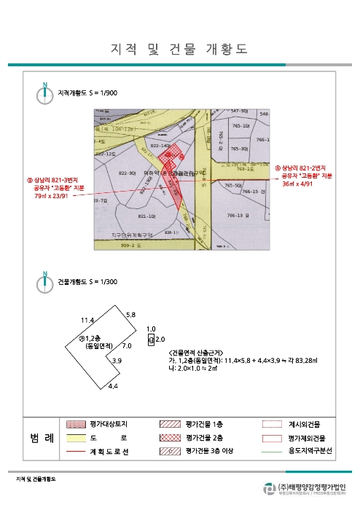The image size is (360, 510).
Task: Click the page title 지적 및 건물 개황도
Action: pyautogui.click(x=179, y=49)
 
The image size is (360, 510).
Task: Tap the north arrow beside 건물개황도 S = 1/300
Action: pyautogui.click(x=44, y=280)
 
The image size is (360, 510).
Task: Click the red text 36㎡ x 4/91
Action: pyautogui.click(x=299, y=184)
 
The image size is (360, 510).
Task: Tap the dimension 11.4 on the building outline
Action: pyautogui.click(x=87, y=320)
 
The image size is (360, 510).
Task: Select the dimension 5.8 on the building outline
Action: pyautogui.click(x=130, y=314)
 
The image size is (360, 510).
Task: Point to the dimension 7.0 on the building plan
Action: pyautogui.click(x=126, y=345)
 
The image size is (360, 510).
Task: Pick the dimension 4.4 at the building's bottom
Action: pyautogui.click(x=113, y=385)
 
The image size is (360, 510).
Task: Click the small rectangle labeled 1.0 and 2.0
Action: pyautogui.click(x=151, y=340)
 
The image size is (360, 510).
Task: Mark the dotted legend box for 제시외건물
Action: pyautogui.click(x=272, y=423)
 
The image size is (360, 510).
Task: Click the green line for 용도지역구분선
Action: pyautogui.click(x=272, y=452)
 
